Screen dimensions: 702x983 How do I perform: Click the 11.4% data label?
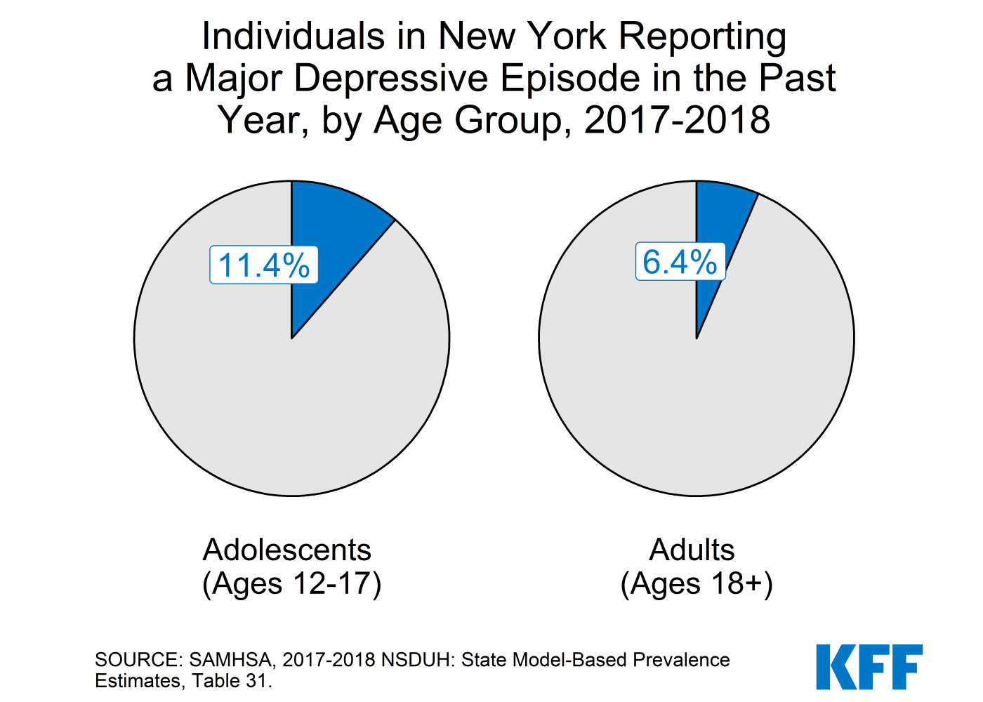[264, 265]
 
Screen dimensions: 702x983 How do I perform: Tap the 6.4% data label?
[680, 262]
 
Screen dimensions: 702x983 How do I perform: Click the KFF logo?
[869, 667]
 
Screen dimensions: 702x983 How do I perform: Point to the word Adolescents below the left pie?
[286, 550]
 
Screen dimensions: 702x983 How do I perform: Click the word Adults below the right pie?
[692, 550]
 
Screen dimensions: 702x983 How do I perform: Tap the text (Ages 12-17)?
[291, 583]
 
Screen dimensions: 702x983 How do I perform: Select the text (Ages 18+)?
[697, 583]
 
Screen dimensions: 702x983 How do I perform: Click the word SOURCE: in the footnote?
[138, 660]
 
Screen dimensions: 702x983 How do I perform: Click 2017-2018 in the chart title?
[677, 120]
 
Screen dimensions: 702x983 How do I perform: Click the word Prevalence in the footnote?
[681, 660]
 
